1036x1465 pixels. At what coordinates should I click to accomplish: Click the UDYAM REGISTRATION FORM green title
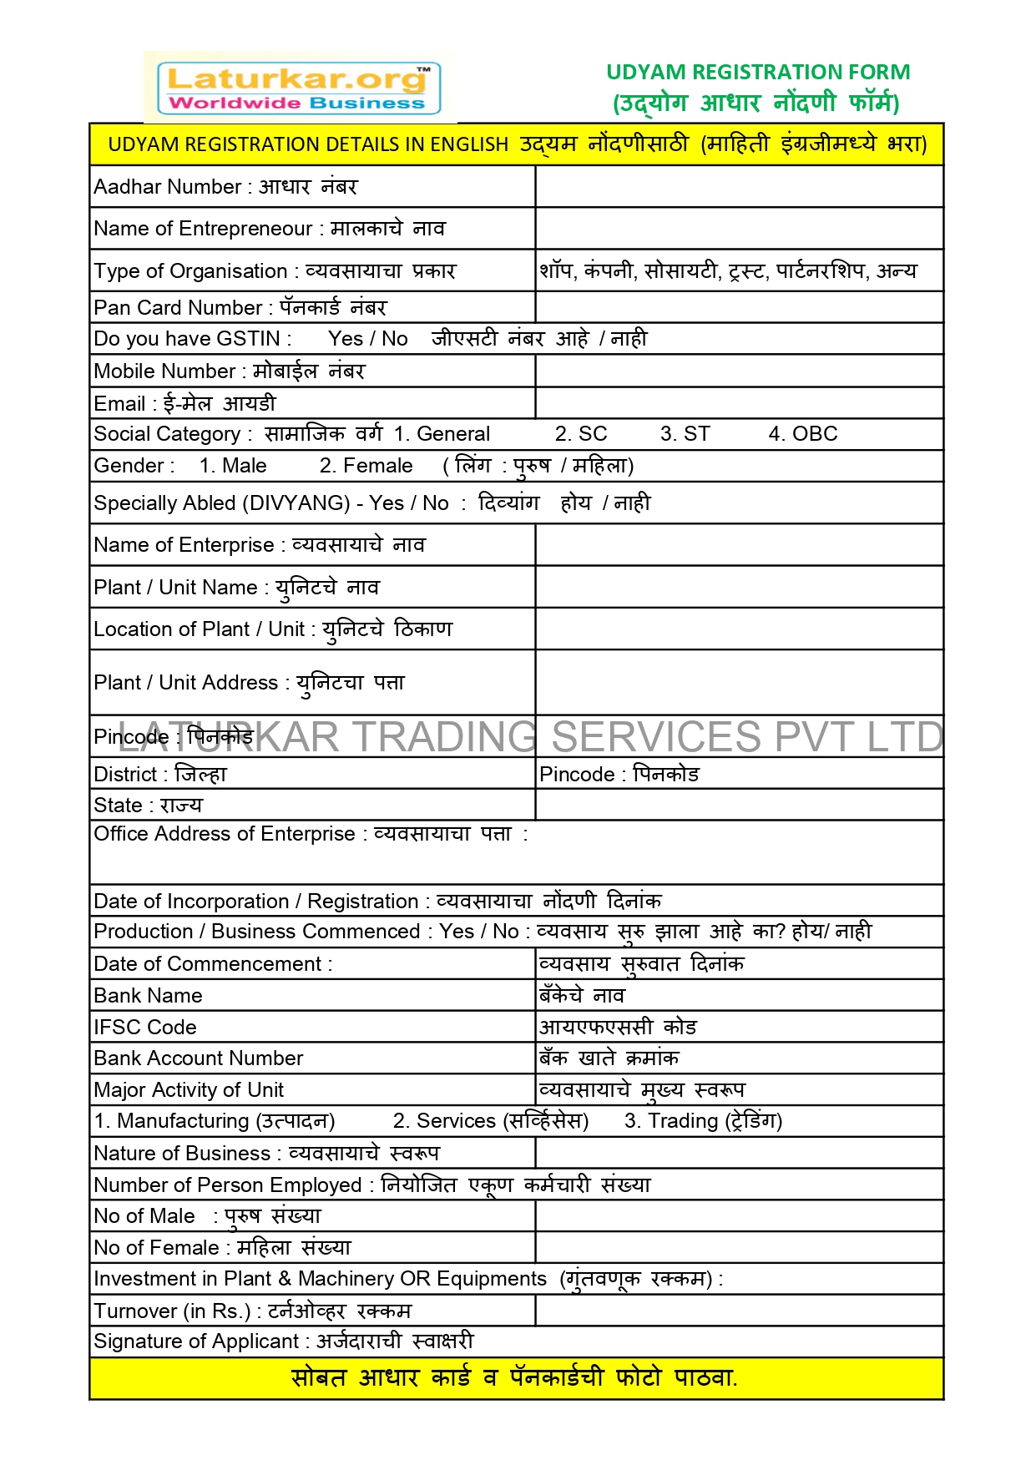point(757,73)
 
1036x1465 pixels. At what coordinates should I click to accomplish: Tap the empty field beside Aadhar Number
point(739,187)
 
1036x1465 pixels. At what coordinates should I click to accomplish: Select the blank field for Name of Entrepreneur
point(739,229)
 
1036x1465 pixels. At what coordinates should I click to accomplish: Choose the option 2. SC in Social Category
point(581,434)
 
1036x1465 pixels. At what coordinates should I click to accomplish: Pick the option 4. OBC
point(802,434)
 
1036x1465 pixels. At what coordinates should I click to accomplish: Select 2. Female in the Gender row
point(366,466)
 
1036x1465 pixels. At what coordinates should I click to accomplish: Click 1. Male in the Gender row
point(233,466)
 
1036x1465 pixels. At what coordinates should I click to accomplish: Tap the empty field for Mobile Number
point(739,371)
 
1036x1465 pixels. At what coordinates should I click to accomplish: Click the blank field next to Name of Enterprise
point(739,545)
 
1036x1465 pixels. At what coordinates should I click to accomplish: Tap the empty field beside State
point(739,806)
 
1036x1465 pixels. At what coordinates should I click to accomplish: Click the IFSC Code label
point(145,1028)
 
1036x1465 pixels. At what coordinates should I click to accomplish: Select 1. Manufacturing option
point(215,1121)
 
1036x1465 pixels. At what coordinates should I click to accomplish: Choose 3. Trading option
point(703,1121)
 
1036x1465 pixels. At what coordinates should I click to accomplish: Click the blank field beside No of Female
point(739,1248)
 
